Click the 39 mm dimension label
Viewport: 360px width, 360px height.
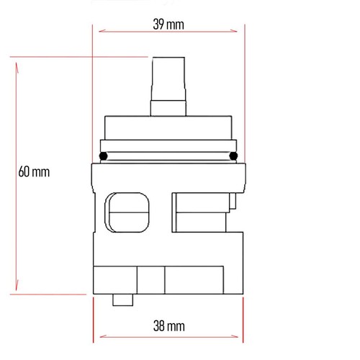coord(168,24)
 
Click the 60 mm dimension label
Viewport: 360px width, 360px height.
coord(34,172)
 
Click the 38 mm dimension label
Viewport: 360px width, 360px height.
coord(169,326)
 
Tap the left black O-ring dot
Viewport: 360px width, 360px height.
coord(103,156)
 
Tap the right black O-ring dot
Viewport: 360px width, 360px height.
coord(233,156)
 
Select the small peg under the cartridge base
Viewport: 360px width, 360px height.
coord(123,300)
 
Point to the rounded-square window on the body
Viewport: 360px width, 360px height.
coord(127,212)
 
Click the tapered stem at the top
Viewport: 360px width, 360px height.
coord(168,79)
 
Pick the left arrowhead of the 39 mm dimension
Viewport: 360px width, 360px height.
coord(102,31)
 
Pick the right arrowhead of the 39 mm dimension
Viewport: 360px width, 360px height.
coord(233,31)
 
